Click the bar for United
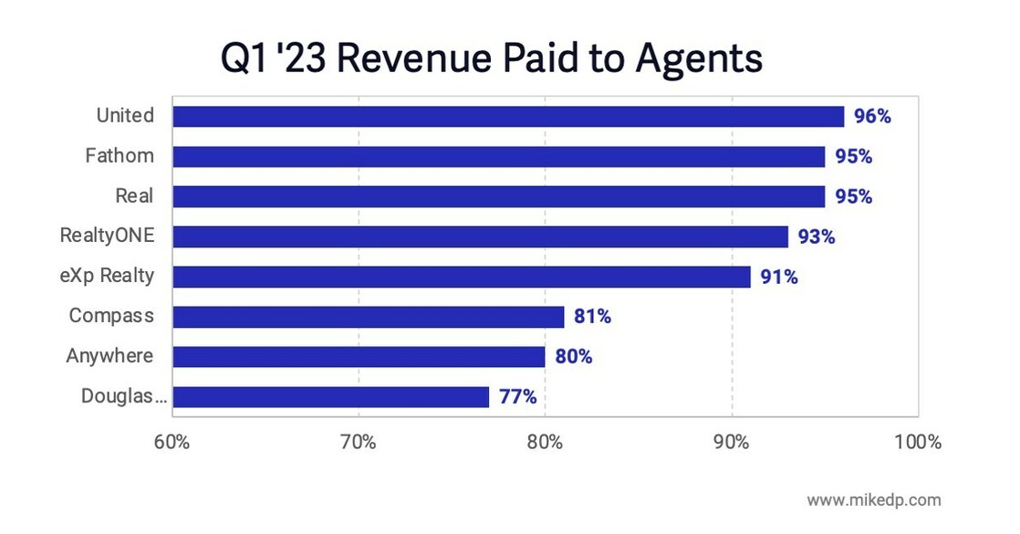click(507, 117)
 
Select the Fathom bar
click(498, 156)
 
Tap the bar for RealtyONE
click(480, 236)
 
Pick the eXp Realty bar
click(461, 277)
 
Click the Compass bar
click(368, 317)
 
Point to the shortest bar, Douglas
click(330, 397)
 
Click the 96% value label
click(872, 117)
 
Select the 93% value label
click(816, 236)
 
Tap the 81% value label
click(592, 317)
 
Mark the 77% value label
click(517, 397)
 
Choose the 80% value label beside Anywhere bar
click(573, 357)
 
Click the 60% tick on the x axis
click(172, 443)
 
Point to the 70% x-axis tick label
click(358, 443)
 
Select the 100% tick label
click(917, 443)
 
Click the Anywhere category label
click(109, 356)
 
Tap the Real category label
click(134, 196)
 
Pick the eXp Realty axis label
click(108, 277)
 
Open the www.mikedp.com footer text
click(873, 500)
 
